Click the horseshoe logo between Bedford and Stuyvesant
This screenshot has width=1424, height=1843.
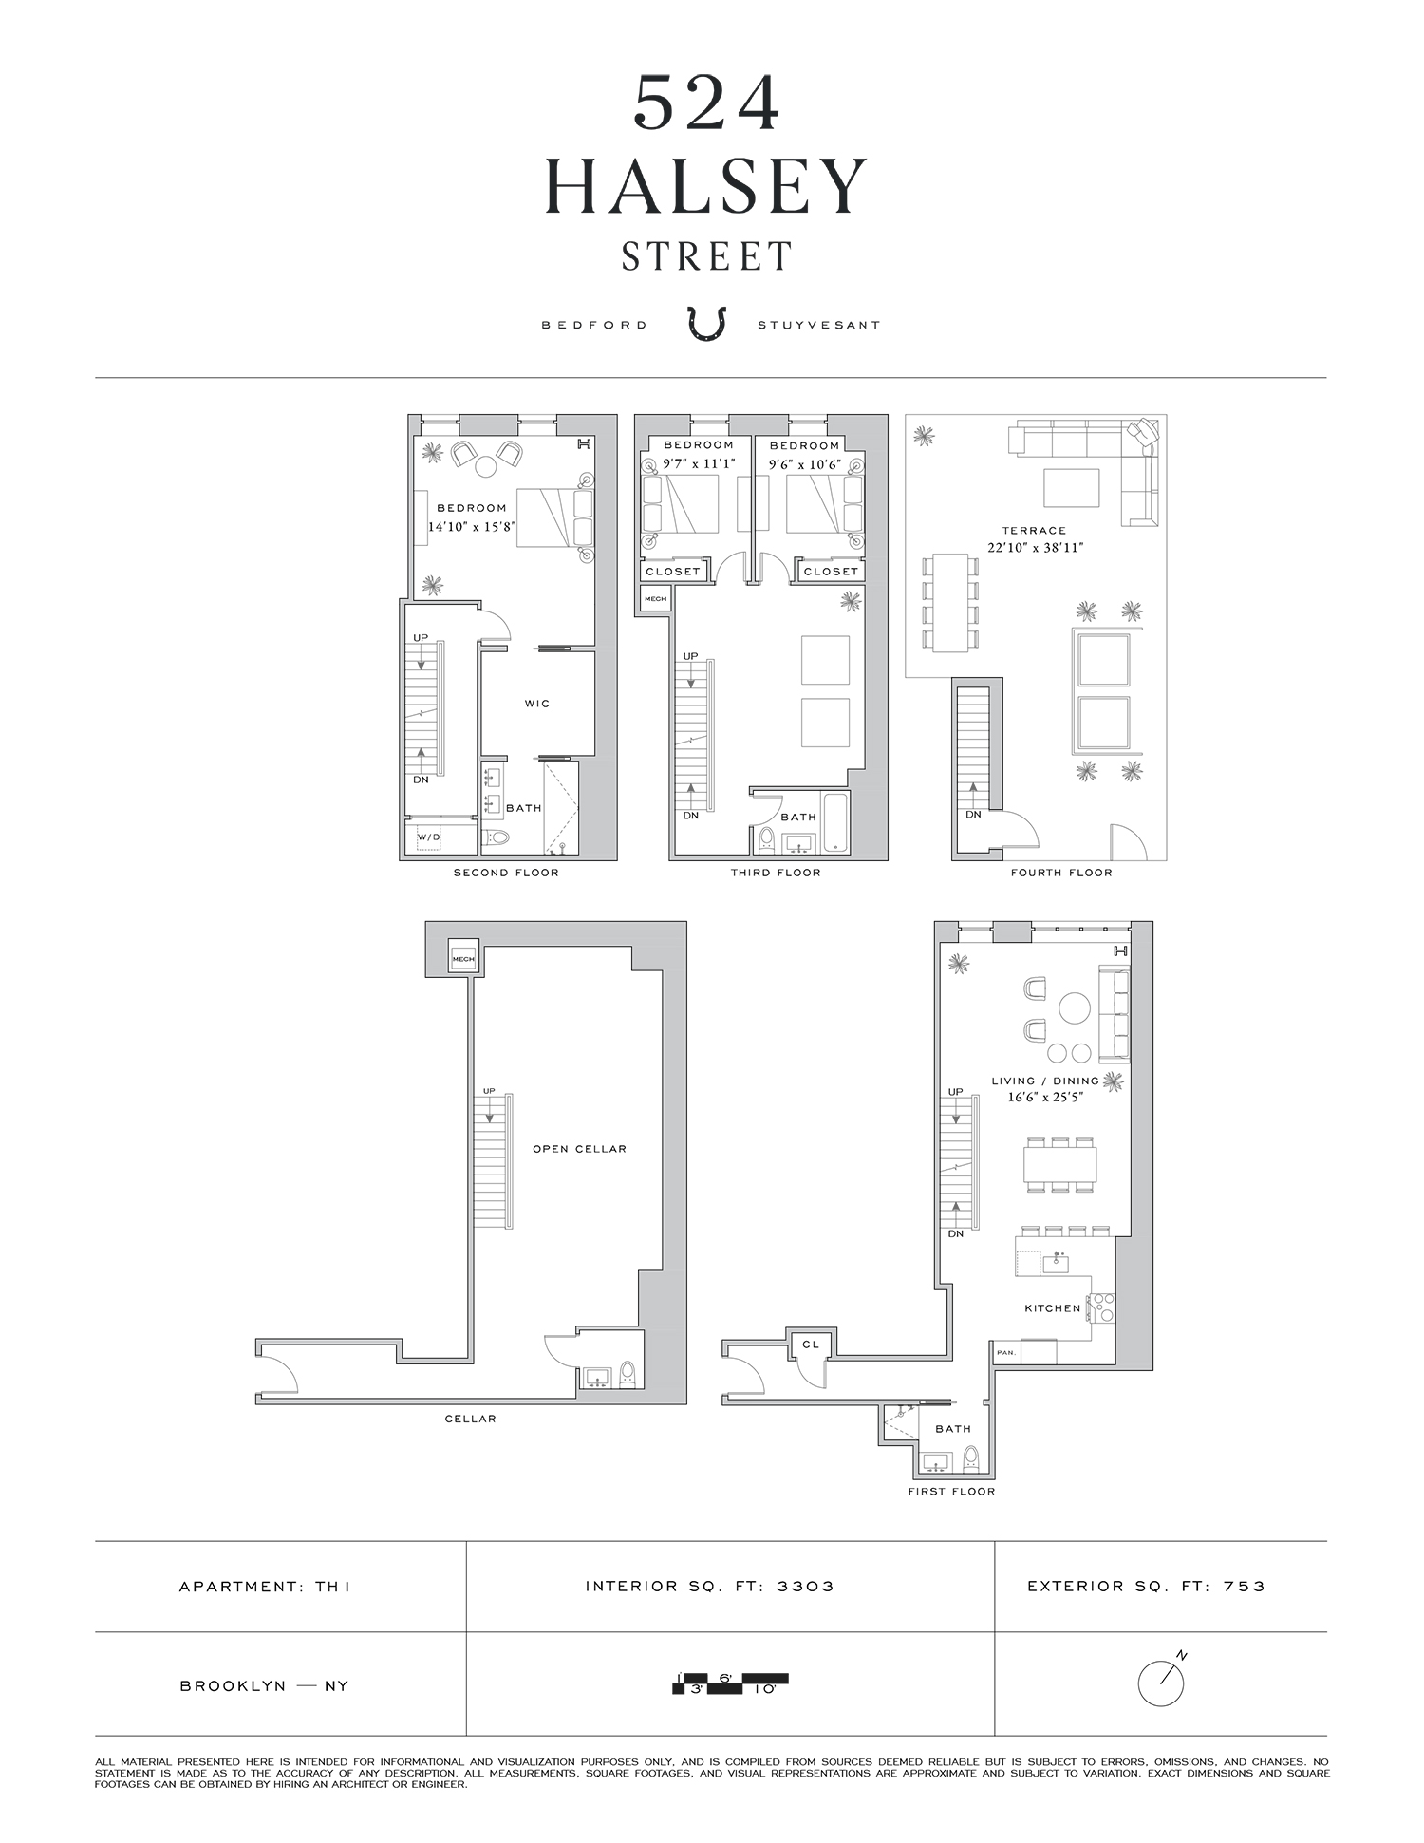pos(707,323)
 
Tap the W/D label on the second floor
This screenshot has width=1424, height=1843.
pos(429,837)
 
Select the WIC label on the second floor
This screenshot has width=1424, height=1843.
pos(537,704)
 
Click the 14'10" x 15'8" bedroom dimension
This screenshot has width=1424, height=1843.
pos(472,526)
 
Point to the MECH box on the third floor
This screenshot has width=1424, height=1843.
pos(655,599)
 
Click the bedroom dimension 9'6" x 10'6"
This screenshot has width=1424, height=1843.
pos(804,465)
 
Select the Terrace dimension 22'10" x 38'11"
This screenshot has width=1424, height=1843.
pos(1035,547)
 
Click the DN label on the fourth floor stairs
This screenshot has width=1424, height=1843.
pos(973,815)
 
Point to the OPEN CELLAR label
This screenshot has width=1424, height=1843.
pos(579,1149)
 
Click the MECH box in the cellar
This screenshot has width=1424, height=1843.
pos(463,958)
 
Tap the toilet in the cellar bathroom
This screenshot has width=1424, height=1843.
pos(627,1375)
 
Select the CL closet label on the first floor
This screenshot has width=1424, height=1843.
pos(811,1344)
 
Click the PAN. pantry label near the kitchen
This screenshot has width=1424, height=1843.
pos(1005,1352)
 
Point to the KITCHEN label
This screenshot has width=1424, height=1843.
pos(1053,1308)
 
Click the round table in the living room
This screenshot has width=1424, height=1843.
pos(1075,1007)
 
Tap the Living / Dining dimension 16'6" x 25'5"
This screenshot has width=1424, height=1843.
pos(1045,1097)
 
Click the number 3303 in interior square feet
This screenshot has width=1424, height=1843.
pos(805,1586)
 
